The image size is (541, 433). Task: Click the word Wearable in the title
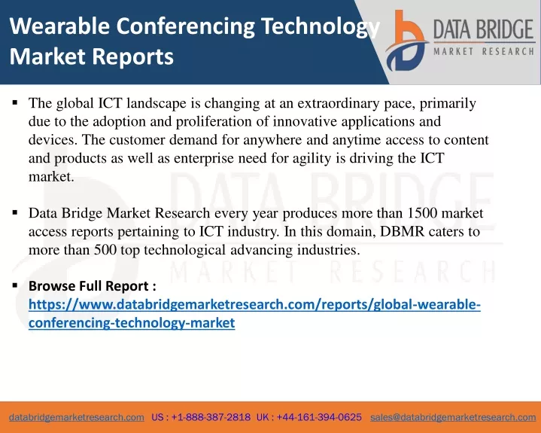(x=59, y=26)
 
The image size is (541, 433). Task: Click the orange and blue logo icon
(x=407, y=41)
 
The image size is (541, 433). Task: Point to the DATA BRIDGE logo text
(x=484, y=29)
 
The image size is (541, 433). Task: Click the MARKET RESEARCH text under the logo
(x=484, y=52)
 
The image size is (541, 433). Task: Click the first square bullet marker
(x=15, y=102)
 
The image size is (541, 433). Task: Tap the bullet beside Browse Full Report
(x=15, y=285)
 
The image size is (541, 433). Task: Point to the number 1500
(x=422, y=213)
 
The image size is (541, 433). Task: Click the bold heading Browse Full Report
(x=93, y=286)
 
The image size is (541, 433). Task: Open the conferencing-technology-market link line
(x=132, y=323)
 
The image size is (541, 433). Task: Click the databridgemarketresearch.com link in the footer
(x=77, y=417)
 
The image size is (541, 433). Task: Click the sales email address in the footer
(x=453, y=417)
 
